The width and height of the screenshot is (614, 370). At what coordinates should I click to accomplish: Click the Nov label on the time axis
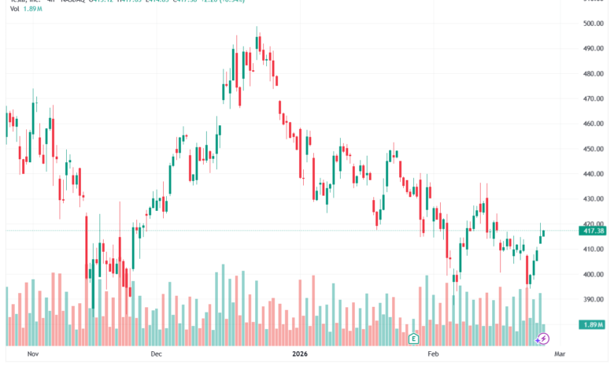point(32,354)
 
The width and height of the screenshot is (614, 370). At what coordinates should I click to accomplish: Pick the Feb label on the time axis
point(434,354)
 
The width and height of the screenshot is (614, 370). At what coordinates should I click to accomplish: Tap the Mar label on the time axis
point(560,354)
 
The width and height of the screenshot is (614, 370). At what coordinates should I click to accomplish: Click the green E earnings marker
point(413,339)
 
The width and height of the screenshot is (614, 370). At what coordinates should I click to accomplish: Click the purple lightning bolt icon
point(543,339)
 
